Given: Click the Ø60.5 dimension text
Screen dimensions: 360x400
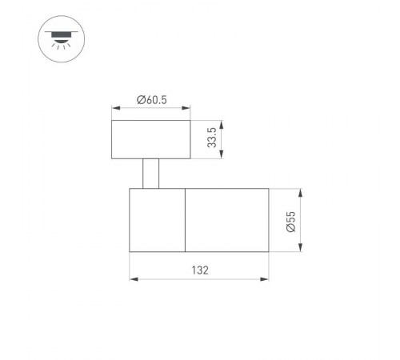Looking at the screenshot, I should tap(150, 100).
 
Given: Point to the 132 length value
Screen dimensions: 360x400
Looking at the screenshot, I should tap(198, 270).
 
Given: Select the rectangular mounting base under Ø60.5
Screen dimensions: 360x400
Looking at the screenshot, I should tap(150, 139).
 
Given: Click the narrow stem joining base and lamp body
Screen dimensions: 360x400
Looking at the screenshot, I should tap(150, 174).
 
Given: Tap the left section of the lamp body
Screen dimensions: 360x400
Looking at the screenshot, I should tap(157, 220).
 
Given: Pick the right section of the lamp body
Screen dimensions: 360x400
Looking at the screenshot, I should tap(226, 220).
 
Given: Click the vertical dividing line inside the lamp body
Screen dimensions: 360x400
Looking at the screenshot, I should tap(185, 220).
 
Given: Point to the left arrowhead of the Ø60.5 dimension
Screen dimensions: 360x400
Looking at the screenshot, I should tap(114, 108).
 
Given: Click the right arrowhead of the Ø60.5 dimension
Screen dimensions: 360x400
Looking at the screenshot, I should tap(187, 108).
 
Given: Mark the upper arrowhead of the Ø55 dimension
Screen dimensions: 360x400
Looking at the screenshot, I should tap(301, 192).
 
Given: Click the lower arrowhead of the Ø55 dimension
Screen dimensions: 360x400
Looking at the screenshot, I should tap(301, 249).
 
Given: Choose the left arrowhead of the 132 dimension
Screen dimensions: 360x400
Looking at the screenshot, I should tap(132, 279).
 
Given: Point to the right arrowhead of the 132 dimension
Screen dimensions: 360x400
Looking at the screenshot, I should tap(266, 279).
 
